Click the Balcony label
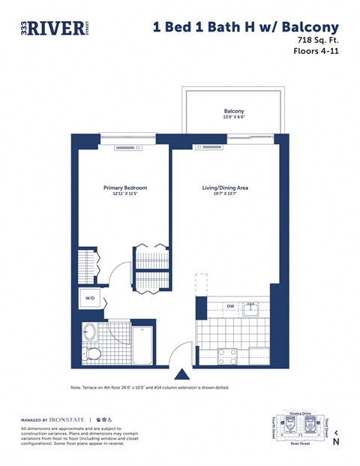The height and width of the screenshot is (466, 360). (x=234, y=110)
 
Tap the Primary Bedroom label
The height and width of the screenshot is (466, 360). (x=124, y=188)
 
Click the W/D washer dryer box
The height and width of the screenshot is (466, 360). (x=90, y=298)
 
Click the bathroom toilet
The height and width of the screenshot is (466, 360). (x=93, y=353)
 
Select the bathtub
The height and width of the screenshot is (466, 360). (x=142, y=346)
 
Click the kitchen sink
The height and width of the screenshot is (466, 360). (x=253, y=309)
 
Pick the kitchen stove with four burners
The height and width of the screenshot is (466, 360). (x=227, y=355)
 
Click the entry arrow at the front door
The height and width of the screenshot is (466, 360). (x=181, y=373)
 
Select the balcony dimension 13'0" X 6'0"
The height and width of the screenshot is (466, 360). (x=234, y=118)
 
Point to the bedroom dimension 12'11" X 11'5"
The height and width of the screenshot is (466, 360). (x=124, y=194)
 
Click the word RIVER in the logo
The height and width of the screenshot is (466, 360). (x=55, y=29)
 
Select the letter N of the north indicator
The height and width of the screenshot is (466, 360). (x=336, y=442)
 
